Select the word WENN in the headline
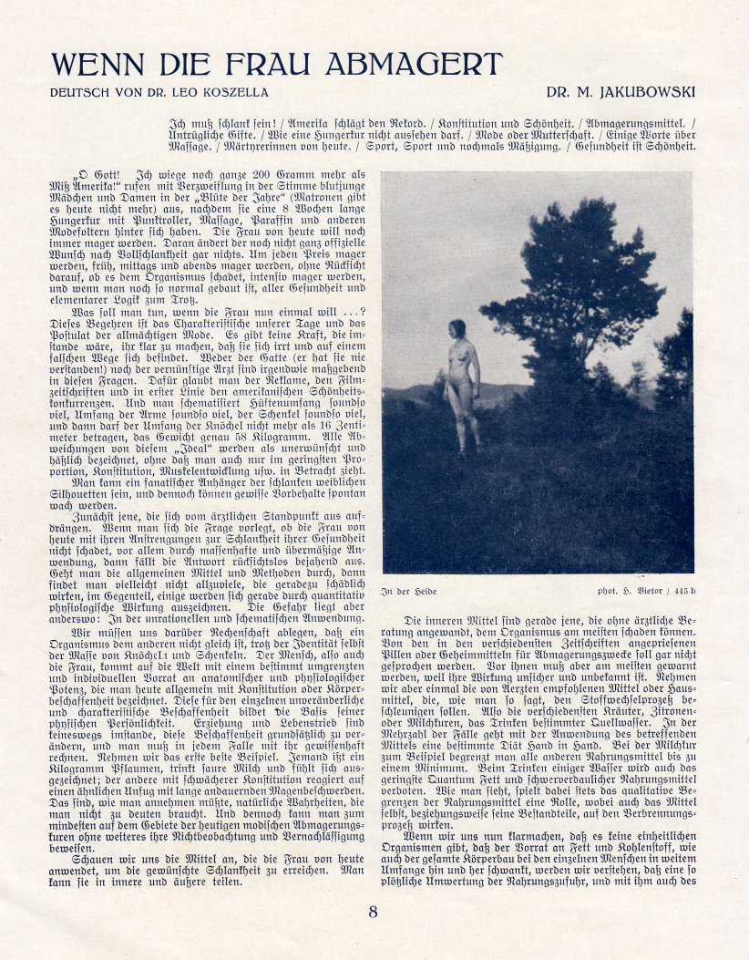(x=95, y=65)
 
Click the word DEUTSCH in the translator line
(x=80, y=92)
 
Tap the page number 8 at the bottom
(x=373, y=912)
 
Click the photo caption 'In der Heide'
(x=410, y=592)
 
